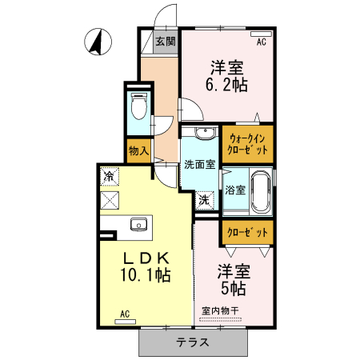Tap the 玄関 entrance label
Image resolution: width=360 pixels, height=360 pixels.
coord(166,42)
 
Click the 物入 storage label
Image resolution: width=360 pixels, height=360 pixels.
coord(138,150)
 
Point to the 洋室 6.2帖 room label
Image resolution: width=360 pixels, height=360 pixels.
coord(226,74)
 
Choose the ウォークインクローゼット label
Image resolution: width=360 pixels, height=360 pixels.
coord(248,143)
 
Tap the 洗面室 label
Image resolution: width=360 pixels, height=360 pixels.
coord(198,165)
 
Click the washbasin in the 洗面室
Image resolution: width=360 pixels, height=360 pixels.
coord(205,133)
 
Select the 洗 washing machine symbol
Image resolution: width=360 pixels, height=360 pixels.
coord(205,199)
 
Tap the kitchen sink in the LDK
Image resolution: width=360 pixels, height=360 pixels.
coord(137,224)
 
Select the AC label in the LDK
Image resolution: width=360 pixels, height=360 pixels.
coord(124,314)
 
